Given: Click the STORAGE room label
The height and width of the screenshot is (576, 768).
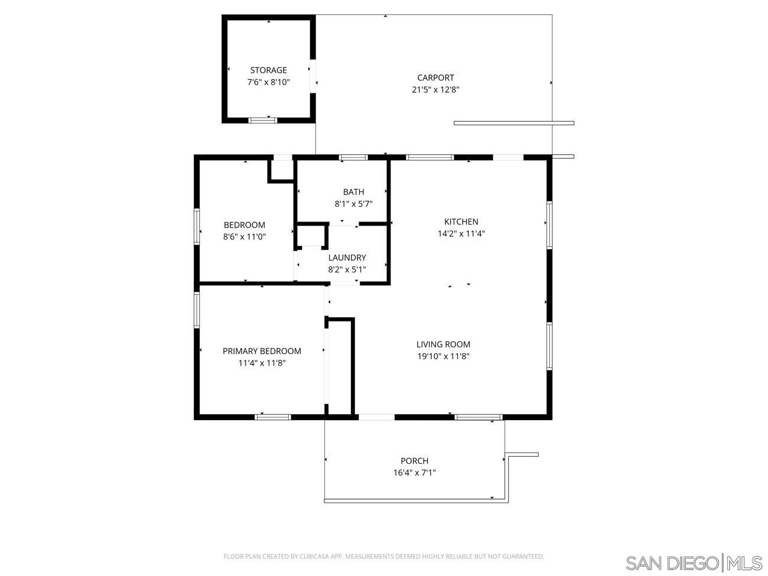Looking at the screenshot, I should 268,70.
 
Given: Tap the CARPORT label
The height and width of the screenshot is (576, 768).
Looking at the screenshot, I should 435,77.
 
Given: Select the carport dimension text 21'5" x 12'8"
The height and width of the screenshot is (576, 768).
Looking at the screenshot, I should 435,90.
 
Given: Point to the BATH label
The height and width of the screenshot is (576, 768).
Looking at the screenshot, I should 353,192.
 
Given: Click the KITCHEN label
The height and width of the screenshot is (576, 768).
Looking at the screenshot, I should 461,222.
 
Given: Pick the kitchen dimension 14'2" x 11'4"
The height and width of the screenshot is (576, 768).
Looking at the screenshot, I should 461,233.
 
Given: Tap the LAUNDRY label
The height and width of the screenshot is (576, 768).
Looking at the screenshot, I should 347,258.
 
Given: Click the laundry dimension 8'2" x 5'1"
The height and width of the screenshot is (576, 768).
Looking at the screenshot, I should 347,269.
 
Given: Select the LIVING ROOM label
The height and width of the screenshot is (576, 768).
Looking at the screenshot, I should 443,344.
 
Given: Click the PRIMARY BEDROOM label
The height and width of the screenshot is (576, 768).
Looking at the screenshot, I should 262,351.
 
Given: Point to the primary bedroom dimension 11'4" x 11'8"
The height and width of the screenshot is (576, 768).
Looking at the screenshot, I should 262,363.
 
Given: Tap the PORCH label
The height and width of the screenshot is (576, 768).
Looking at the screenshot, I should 414,461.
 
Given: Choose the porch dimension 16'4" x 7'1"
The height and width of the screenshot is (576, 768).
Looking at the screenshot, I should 414,473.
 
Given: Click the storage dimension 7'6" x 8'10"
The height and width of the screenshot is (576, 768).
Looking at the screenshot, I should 268,82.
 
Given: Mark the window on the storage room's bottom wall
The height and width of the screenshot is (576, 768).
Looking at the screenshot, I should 263,121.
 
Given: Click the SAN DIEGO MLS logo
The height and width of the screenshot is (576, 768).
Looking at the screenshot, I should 694,563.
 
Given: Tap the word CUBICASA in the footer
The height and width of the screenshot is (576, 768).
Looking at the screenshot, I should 319,557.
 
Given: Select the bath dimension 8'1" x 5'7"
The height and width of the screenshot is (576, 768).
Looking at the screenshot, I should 353,204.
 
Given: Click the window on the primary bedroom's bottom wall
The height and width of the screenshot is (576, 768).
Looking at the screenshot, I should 273,417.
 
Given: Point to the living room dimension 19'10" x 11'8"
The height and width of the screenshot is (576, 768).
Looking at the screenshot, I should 443,356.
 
